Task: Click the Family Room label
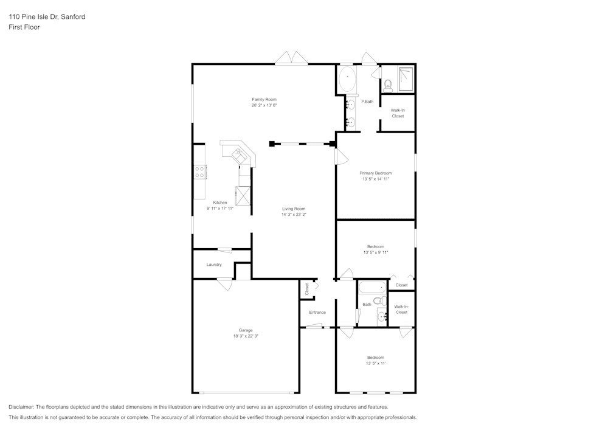(x=264, y=99)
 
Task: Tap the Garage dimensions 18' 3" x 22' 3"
(x=246, y=336)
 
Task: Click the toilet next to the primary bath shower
(x=389, y=85)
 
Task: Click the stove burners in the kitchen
(x=199, y=172)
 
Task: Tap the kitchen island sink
(x=241, y=155)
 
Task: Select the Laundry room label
(x=214, y=265)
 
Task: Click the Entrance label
(x=317, y=313)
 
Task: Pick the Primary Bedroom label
(x=375, y=173)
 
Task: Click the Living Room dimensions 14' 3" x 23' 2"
(x=294, y=215)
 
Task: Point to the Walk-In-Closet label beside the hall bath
(x=401, y=309)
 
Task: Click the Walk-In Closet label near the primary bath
(x=398, y=113)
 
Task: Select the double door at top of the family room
(x=291, y=59)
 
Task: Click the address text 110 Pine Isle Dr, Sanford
(x=47, y=17)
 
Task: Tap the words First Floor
(x=24, y=27)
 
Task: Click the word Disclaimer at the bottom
(x=21, y=407)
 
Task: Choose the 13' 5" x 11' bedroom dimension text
(x=375, y=363)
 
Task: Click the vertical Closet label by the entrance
(x=307, y=290)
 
